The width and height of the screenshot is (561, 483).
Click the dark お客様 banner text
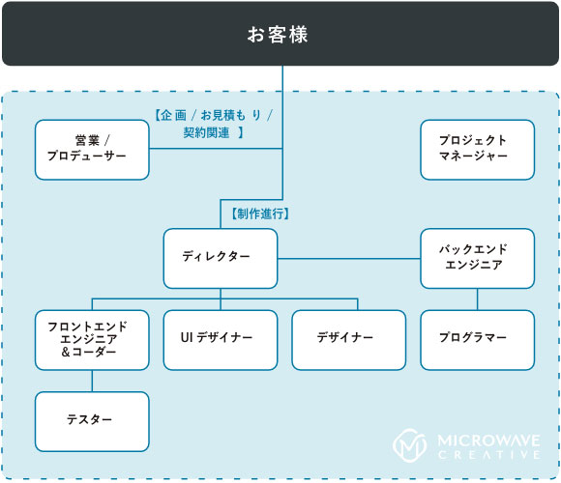click(x=278, y=35)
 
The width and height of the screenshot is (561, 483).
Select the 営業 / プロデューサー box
click(x=92, y=150)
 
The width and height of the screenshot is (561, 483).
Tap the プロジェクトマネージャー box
click(x=477, y=150)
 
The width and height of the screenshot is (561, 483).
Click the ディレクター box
click(x=221, y=258)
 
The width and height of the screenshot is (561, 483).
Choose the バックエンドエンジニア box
click(x=477, y=258)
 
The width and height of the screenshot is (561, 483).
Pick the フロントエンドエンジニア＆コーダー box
click(x=92, y=340)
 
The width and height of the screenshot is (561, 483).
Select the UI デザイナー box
click(x=221, y=340)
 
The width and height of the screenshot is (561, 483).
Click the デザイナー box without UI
click(x=349, y=340)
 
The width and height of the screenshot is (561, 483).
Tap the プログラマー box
click(x=477, y=340)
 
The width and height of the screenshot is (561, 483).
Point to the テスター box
click(x=92, y=421)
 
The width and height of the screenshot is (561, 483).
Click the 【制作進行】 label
click(x=260, y=213)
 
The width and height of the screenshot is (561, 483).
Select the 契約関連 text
click(x=206, y=132)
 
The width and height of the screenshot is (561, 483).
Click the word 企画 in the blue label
click(x=173, y=115)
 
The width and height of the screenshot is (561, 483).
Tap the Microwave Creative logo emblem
click(x=410, y=445)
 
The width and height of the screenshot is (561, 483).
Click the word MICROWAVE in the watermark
click(x=488, y=440)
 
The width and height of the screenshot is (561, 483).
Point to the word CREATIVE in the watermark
click(x=488, y=455)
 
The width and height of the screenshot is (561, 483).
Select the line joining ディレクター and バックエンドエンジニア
click(x=349, y=258)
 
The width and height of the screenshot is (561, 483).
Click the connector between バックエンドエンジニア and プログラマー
click(x=477, y=299)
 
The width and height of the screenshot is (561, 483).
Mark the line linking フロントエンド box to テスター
click(x=92, y=381)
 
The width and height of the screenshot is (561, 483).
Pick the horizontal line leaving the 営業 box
click(x=216, y=148)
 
